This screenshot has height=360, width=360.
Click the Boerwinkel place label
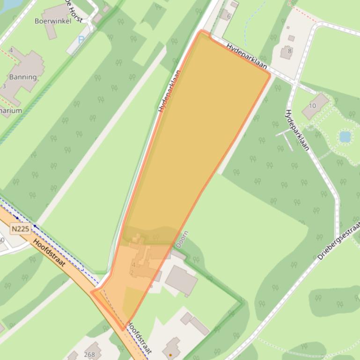pyautogui.click(x=53, y=21)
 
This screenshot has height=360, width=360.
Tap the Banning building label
pyautogui.click(x=22, y=77)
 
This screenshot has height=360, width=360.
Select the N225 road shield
pyautogui.click(x=20, y=229)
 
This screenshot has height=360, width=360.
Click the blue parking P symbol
pyautogui.click(x=81, y=40)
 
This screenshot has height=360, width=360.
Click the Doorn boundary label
pyautogui.click(x=183, y=239)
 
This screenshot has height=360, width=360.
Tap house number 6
pyautogui.click(x=228, y=16)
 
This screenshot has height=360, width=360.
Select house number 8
pyautogui.click(x=289, y=51)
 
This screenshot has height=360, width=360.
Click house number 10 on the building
pyautogui.click(x=313, y=106)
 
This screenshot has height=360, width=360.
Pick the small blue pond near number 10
pyautogui.click(x=345, y=137)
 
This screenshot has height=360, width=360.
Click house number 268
pyautogui.click(x=89, y=354)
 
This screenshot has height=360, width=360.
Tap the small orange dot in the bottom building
pyautogui.click(x=170, y=354)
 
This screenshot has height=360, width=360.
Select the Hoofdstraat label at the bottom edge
pyautogui.click(x=140, y=338)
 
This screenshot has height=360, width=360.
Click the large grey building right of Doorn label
pyautogui.click(x=181, y=280)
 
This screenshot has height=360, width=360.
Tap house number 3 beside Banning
pyautogui.click(x=4, y=86)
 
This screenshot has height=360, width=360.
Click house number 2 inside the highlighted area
pyautogui.click(x=132, y=272)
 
